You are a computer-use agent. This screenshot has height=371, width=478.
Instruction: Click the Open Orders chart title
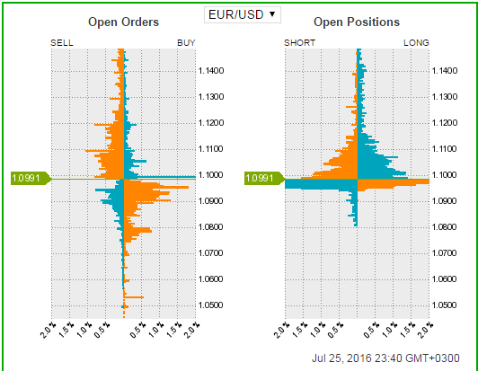pyautogui.click(x=124, y=22)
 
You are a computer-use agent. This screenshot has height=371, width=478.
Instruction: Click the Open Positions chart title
pyautogui.click(x=358, y=22)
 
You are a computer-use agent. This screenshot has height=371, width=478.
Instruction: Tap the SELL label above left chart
pyautogui.click(x=63, y=42)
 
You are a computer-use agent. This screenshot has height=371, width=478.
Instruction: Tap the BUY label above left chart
pyautogui.click(x=186, y=42)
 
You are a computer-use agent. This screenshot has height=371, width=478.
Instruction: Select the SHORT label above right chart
pyautogui.click(x=299, y=42)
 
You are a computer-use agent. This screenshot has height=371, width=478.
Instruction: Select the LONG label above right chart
pyautogui.click(x=417, y=42)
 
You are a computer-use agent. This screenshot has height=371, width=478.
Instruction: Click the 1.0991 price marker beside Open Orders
pyautogui.click(x=27, y=178)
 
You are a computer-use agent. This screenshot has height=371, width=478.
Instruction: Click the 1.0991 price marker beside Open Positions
pyautogui.click(x=261, y=178)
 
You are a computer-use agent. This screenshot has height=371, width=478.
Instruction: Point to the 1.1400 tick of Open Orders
pyautogui.click(x=211, y=70)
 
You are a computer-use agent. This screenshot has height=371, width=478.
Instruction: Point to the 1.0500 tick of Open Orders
pyautogui.click(x=211, y=305)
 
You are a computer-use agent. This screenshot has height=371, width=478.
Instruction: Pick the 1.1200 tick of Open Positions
pyautogui.click(x=446, y=122)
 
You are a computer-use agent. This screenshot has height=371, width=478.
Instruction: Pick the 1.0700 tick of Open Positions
pyautogui.click(x=446, y=253)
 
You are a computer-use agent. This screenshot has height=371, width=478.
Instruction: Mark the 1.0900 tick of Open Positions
pyautogui.click(x=446, y=200)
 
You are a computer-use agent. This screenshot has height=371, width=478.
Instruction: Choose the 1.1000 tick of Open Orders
pyautogui.click(x=211, y=174)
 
